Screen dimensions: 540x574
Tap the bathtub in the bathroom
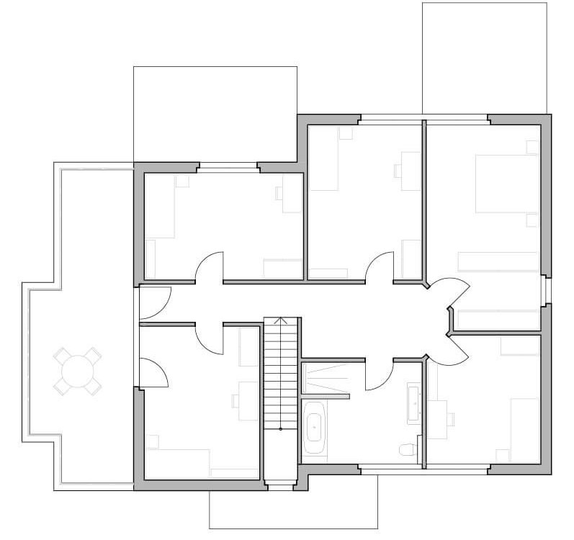(x=315, y=429)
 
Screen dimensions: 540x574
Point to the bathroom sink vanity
(x=415, y=401)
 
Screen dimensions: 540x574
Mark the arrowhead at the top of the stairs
(x=281, y=320)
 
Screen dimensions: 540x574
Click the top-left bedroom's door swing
(x=210, y=266)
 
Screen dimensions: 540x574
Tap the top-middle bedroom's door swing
(x=380, y=266)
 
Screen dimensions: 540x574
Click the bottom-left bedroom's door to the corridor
(x=210, y=337)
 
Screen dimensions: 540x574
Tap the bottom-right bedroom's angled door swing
(x=452, y=349)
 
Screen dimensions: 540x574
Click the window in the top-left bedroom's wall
(x=228, y=168)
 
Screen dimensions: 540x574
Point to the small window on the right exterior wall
(x=547, y=289)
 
